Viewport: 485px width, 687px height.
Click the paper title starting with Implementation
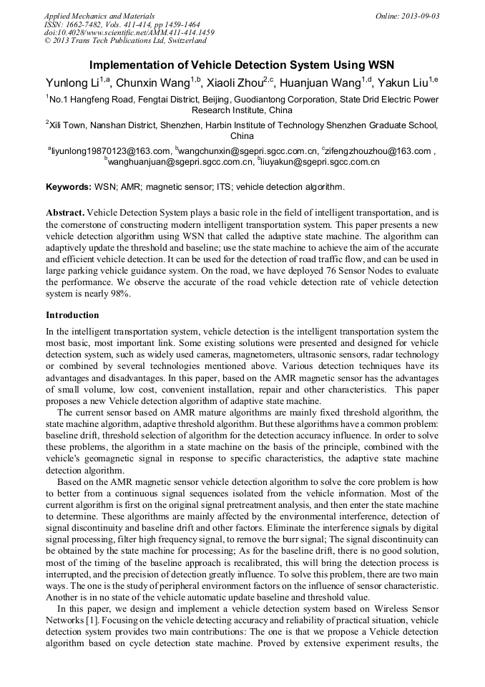point(242,65)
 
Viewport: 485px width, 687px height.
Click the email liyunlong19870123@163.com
point(110,151)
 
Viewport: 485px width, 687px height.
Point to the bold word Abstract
point(66,213)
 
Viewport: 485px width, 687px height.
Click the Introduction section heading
point(72,315)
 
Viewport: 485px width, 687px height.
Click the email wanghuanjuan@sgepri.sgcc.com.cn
point(180,163)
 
